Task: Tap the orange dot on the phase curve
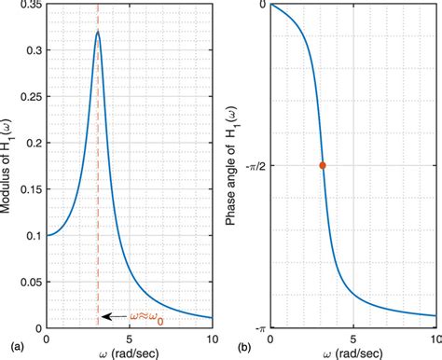(323, 165)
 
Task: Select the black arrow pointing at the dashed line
(114, 317)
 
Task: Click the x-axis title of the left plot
(130, 353)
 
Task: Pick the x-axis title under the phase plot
(352, 353)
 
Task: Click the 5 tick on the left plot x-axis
(130, 337)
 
